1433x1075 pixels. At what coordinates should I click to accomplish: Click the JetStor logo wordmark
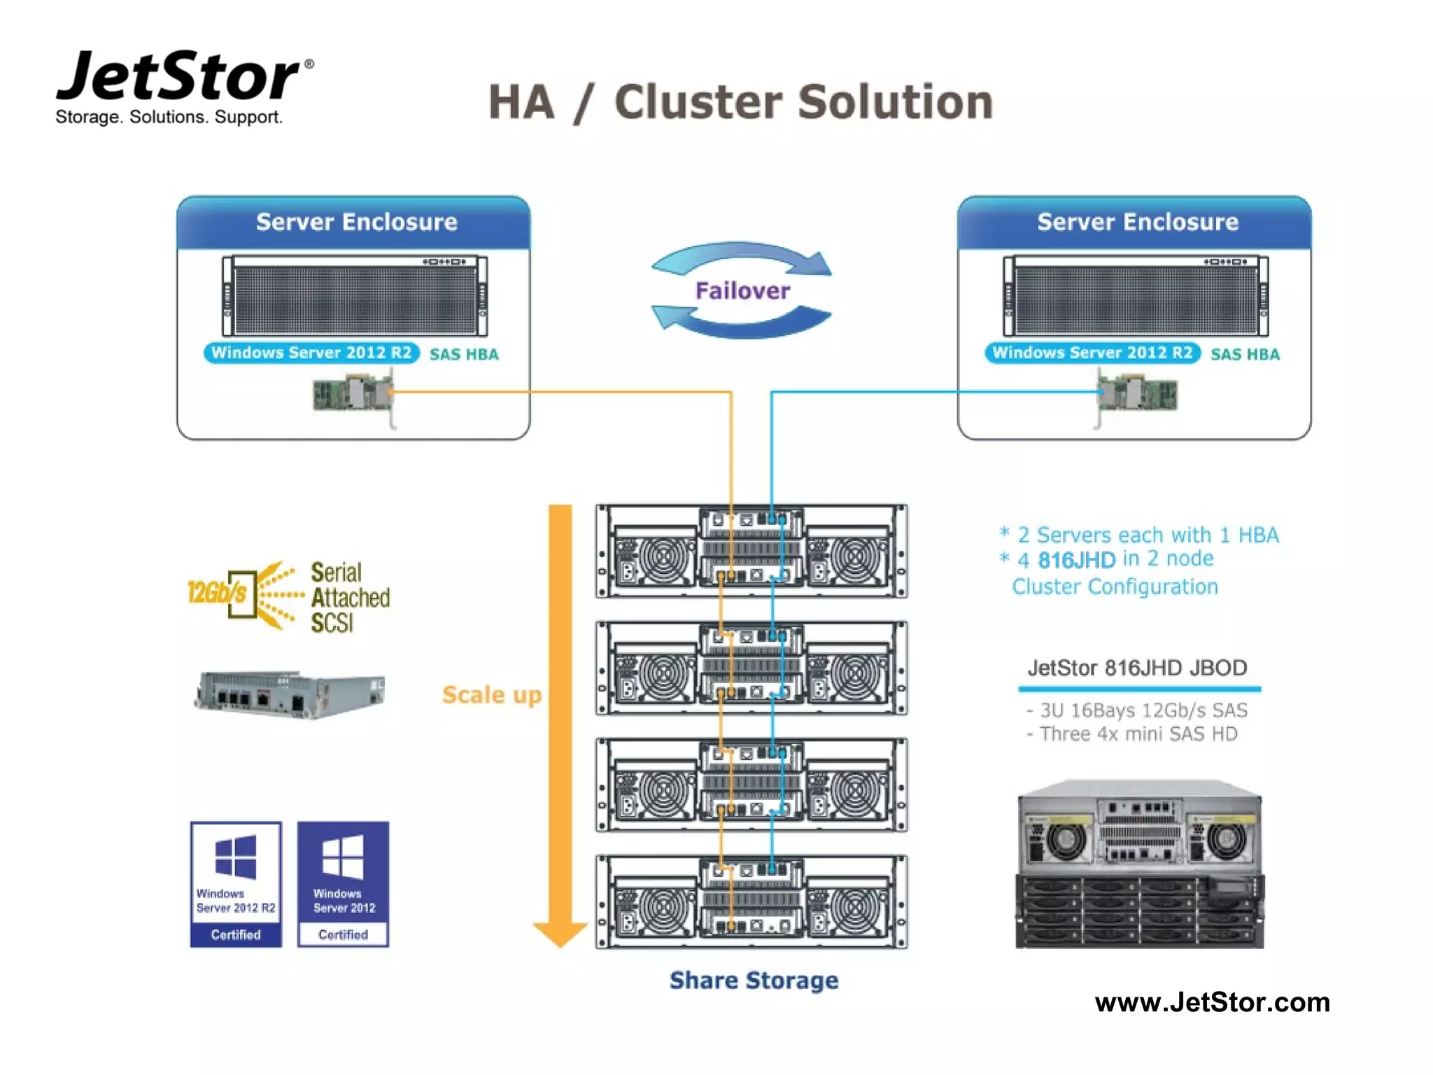(178, 77)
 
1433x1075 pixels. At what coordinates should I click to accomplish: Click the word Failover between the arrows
(742, 290)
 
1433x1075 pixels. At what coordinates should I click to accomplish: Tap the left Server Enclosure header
(355, 222)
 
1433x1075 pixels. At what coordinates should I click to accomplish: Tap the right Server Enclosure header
(1136, 222)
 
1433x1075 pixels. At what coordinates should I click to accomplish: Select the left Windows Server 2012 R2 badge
(311, 353)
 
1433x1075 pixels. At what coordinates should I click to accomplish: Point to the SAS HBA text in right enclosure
(1245, 354)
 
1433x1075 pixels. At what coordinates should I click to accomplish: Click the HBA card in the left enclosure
(353, 394)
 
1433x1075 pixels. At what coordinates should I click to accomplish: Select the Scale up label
(491, 695)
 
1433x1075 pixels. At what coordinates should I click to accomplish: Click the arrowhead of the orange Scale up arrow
(560, 934)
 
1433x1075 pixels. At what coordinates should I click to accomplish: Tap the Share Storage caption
(754, 981)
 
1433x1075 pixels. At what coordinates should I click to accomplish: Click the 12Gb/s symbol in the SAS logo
(218, 593)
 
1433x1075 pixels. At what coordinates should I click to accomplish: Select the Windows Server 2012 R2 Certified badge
(236, 885)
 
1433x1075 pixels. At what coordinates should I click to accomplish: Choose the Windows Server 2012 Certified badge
(343, 885)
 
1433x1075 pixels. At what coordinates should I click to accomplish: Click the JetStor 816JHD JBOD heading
(1137, 668)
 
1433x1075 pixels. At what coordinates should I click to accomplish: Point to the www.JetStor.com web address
(1212, 1002)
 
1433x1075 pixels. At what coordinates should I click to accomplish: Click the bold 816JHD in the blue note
(1076, 560)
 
